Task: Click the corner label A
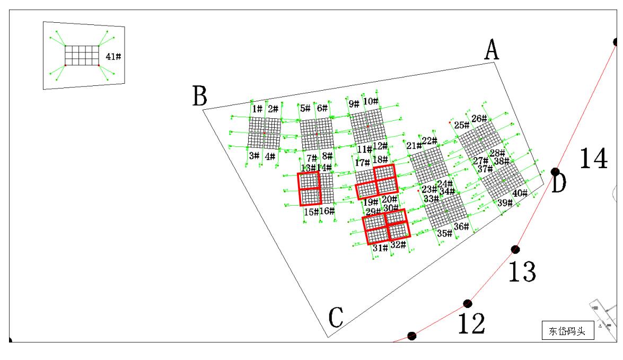[492, 51]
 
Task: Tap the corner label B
[200, 97]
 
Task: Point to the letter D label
[559, 185]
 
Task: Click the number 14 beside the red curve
[593, 158]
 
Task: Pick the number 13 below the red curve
[522, 271]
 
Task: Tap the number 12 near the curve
[471, 323]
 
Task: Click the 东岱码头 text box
[568, 331]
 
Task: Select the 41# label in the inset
[113, 56]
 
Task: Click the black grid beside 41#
[82, 55]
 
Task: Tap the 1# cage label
[257, 109]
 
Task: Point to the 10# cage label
[371, 101]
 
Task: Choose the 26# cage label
[479, 118]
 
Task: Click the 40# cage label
[520, 193]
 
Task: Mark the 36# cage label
[461, 226]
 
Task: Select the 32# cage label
[398, 245]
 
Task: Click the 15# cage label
[311, 212]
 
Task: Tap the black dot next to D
[555, 172]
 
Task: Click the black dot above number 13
[515, 249]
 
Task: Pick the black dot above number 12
[467, 303]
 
